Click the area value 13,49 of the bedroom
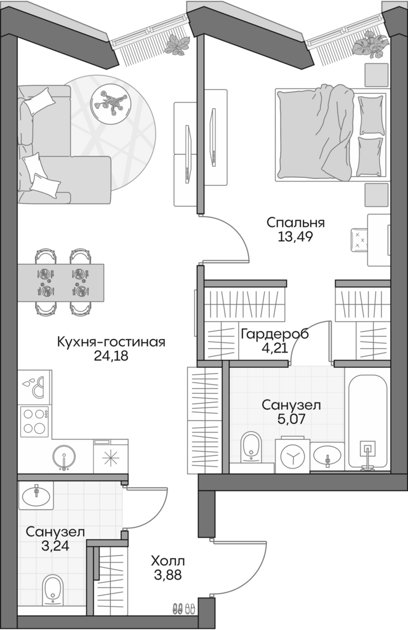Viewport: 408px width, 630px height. point(295,237)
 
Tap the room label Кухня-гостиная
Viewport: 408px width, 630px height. point(111,342)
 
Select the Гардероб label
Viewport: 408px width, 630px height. point(274,334)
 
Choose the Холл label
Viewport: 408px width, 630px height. point(168,561)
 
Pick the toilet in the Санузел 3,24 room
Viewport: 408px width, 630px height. point(54,591)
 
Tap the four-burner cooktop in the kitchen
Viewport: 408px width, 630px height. point(34,421)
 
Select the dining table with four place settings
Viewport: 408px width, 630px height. point(60,282)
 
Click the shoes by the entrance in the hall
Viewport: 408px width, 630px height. point(183,608)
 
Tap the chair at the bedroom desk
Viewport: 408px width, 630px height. point(359,238)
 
